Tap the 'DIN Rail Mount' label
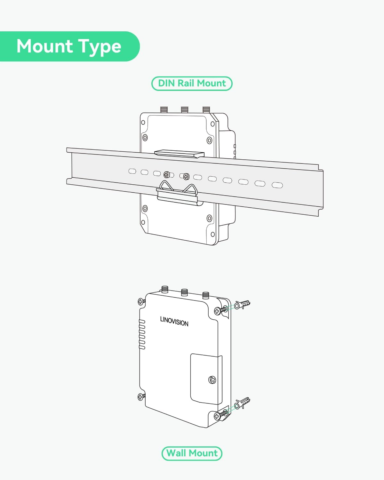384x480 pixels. [x=192, y=84]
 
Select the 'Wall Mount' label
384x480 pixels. [x=192, y=453]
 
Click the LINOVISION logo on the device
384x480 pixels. [x=174, y=321]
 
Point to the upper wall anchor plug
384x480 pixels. [x=242, y=305]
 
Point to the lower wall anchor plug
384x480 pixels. [x=242, y=404]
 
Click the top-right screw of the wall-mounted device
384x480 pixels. [x=220, y=310]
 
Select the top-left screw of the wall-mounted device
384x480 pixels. [x=141, y=302]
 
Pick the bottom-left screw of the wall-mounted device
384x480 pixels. [x=141, y=397]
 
